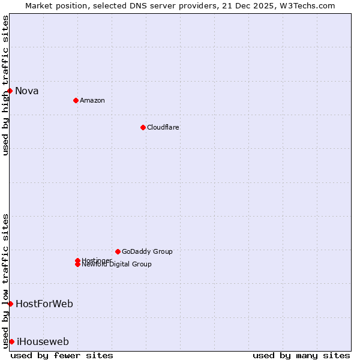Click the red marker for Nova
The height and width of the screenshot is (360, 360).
(x=10, y=91)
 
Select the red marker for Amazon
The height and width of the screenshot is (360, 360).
(x=76, y=100)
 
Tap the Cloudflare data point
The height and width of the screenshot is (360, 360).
(x=143, y=127)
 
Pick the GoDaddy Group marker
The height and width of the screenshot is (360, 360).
(x=118, y=251)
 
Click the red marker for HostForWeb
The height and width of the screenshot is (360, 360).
(x=10, y=304)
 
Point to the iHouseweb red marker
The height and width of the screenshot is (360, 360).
(x=11, y=341)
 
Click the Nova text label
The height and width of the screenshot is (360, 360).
(x=27, y=91)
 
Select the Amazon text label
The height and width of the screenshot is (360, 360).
(x=92, y=100)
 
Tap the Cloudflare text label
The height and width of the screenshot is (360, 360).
(x=163, y=127)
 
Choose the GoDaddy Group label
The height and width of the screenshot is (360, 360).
(x=147, y=251)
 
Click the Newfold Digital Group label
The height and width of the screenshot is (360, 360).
(x=117, y=265)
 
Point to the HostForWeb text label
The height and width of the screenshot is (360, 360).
(x=44, y=304)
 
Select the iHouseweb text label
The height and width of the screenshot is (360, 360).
(x=43, y=342)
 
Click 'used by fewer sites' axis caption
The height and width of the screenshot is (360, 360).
(x=62, y=355)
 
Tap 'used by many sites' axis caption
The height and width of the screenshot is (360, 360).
(x=301, y=355)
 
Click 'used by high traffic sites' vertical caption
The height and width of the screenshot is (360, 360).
(x=5, y=85)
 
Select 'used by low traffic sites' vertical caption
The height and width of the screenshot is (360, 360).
(x=5, y=280)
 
